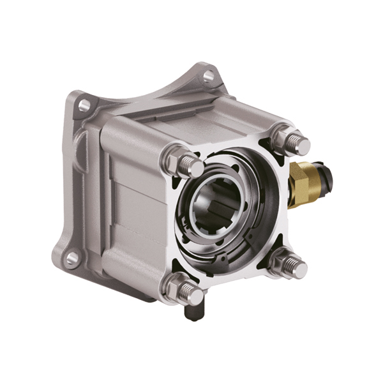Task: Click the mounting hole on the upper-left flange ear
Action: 81,103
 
